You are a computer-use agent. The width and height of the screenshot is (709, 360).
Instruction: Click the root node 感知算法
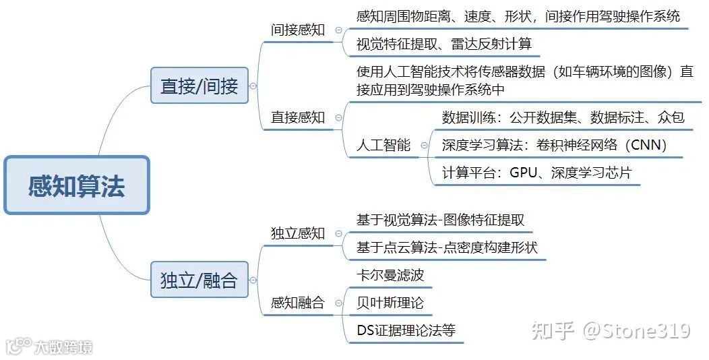pyautogui.click(x=76, y=185)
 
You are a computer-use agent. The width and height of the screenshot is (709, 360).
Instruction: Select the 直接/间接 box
pyautogui.click(x=199, y=86)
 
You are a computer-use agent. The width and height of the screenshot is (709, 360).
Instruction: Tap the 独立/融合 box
pyautogui.click(x=199, y=280)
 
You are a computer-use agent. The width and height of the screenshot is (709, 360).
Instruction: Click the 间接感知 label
pyautogui.click(x=297, y=30)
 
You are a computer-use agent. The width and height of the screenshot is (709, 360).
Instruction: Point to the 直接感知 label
pyautogui.click(x=297, y=117)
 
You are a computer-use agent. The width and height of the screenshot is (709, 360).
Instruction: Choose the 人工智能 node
pyautogui.click(x=383, y=145)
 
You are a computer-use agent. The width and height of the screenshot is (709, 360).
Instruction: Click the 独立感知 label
pyautogui.click(x=297, y=233)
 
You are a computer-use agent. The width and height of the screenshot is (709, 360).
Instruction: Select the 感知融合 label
pyautogui.click(x=297, y=303)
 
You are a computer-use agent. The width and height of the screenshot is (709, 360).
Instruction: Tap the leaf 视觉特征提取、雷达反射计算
pyautogui.click(x=443, y=44)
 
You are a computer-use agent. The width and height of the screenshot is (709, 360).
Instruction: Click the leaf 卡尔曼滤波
pyautogui.click(x=390, y=275)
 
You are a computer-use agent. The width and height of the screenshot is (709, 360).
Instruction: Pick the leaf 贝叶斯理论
pyautogui.click(x=390, y=303)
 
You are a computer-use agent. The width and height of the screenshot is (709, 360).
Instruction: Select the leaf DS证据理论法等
pyautogui.click(x=406, y=330)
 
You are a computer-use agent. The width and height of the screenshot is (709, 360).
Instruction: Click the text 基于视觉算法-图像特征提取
pyautogui.click(x=440, y=220)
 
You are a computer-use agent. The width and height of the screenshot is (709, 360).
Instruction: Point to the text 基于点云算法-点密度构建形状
pyautogui.click(x=447, y=247)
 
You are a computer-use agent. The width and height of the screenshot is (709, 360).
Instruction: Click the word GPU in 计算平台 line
pyautogui.click(x=523, y=172)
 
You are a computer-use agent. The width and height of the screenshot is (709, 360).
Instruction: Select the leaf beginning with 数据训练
pyautogui.click(x=563, y=117)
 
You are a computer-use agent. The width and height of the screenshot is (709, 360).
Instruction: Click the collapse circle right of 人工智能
pyautogui.click(x=424, y=145)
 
